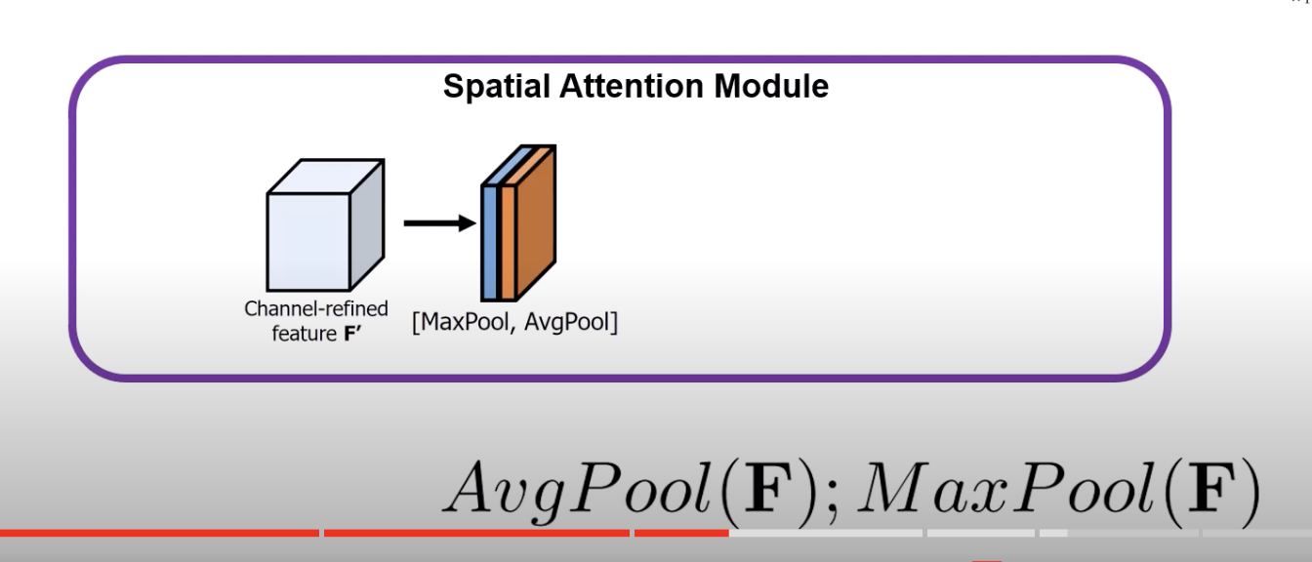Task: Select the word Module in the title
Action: point(771,87)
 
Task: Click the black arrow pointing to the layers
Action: point(438,223)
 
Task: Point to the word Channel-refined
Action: point(316,308)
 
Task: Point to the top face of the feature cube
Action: point(322,176)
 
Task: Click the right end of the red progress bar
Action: point(726,533)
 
